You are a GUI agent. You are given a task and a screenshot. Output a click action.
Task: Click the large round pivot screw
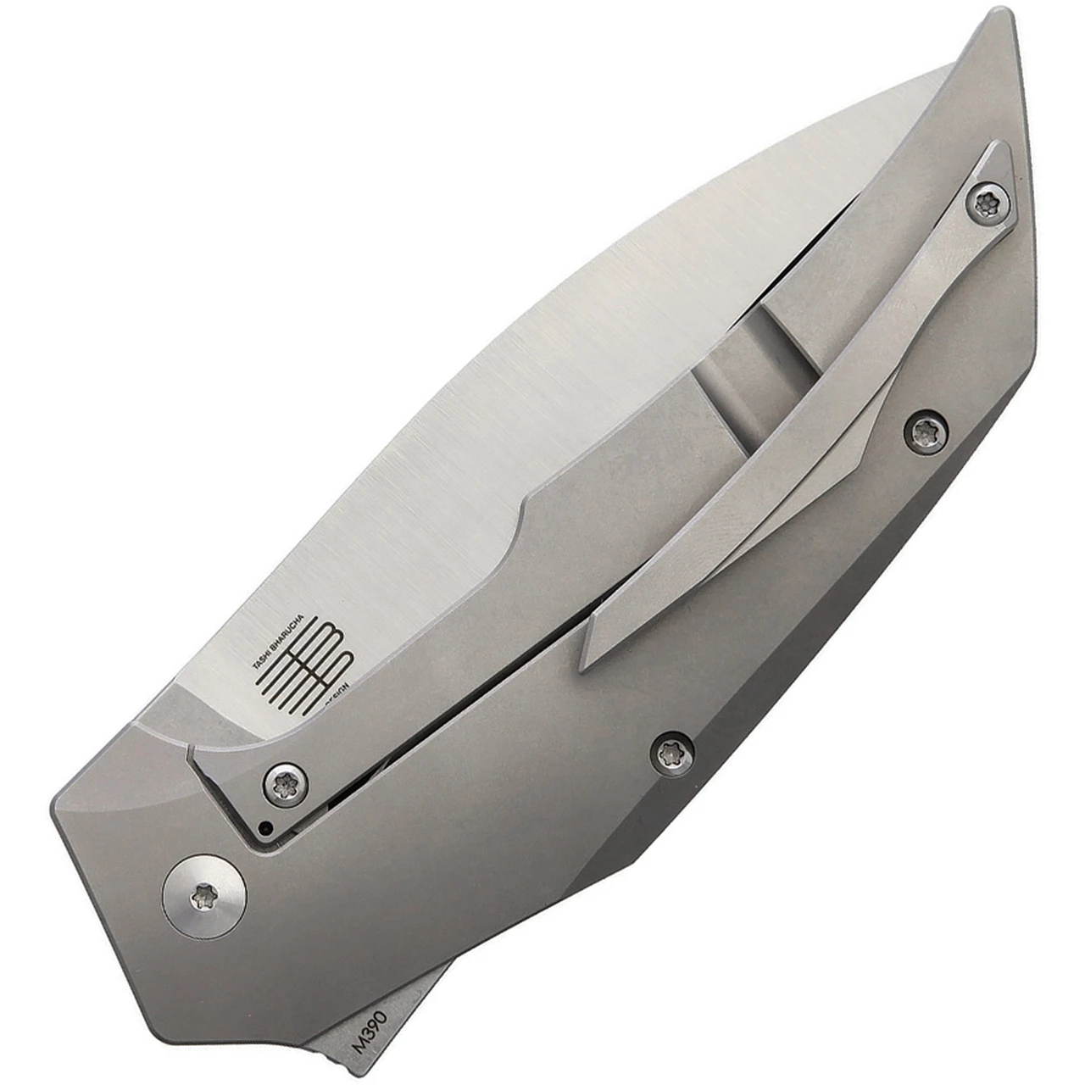click(203, 895)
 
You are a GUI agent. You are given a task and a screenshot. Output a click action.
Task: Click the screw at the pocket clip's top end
click(988, 203)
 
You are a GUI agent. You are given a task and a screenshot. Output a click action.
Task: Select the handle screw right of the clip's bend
click(924, 431)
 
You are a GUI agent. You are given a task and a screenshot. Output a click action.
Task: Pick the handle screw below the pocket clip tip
click(672, 753)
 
